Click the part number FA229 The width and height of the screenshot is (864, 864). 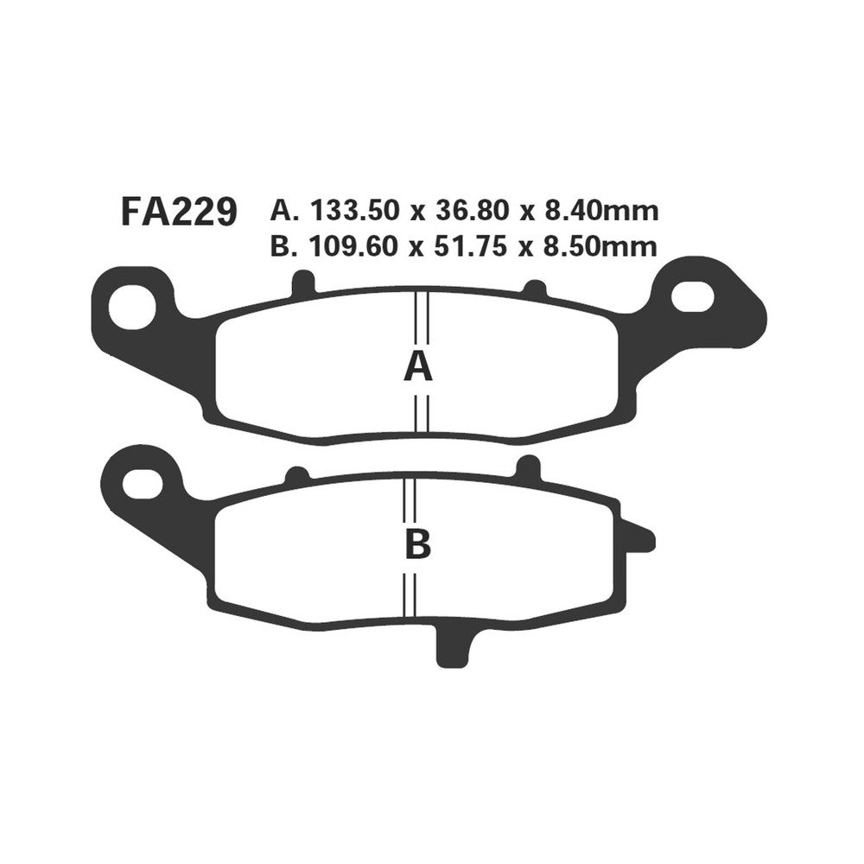[179, 212]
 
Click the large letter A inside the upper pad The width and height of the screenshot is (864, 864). [418, 367]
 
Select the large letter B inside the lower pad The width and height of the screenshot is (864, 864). [418, 544]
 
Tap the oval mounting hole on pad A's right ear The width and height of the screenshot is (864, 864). [692, 297]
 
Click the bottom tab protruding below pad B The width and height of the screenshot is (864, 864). [455, 647]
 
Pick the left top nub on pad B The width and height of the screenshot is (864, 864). [296, 475]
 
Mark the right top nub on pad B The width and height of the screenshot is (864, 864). [527, 467]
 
